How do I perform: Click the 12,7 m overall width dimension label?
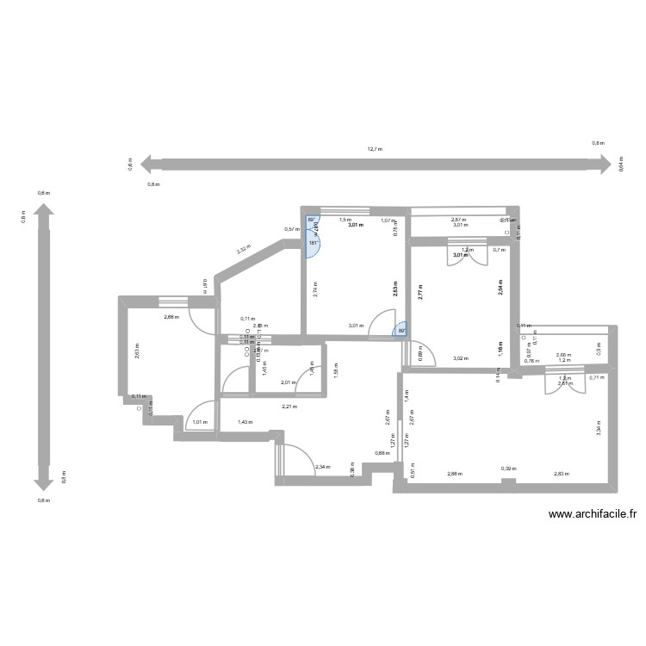(x=375, y=149)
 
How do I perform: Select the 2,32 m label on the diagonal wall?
(x=245, y=251)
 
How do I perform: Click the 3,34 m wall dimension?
(x=599, y=428)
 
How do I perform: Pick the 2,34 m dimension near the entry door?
(x=321, y=467)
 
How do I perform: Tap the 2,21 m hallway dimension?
(x=289, y=407)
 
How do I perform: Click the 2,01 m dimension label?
(x=288, y=382)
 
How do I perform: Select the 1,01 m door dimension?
(x=200, y=422)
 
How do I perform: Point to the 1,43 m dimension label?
(x=245, y=422)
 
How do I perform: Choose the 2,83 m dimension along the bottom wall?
(x=562, y=474)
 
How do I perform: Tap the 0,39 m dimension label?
(x=508, y=469)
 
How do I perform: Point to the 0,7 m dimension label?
(x=499, y=250)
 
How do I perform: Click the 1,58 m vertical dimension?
(x=335, y=370)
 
